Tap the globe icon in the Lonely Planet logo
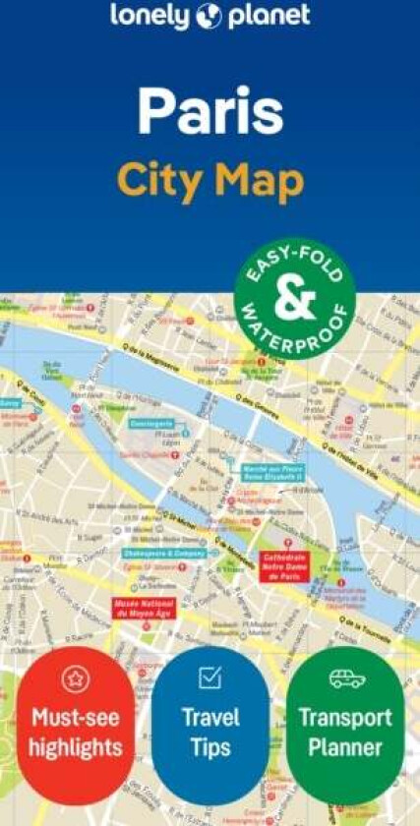[210, 17]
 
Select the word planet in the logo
[268, 17]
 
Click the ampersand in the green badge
[294, 301]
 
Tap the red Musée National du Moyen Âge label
[145, 607]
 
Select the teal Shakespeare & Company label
[164, 554]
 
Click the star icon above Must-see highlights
[76, 678]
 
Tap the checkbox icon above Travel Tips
[210, 678]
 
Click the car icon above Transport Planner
[346, 678]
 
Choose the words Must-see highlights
[76, 733]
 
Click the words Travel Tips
[210, 733]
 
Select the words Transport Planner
[345, 733]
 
